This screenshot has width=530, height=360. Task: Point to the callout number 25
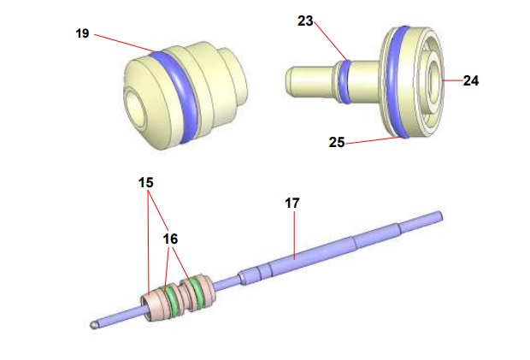click(x=337, y=143)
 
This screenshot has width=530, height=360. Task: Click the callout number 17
click(x=292, y=203)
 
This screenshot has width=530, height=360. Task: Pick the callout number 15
click(x=145, y=183)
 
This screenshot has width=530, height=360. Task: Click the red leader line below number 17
click(x=293, y=231)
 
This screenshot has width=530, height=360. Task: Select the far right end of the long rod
click(x=439, y=216)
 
